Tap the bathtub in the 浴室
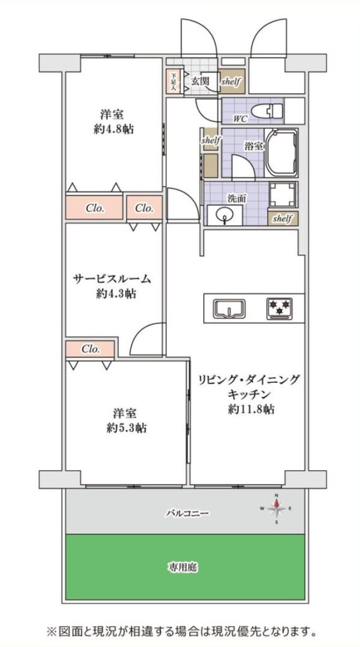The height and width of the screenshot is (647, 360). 281,153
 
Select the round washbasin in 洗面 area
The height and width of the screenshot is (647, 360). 225,215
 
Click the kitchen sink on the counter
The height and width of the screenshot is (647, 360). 229,308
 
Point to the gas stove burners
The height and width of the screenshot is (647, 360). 279,308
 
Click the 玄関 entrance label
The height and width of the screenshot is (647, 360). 200,80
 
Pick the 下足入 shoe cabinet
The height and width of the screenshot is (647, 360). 174,82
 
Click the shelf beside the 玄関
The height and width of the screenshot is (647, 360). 231,82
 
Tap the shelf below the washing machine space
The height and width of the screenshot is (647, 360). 282,217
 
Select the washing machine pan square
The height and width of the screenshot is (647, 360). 282,195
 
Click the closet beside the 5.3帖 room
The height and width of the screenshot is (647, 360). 90,349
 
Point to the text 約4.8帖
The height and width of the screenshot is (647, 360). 114,129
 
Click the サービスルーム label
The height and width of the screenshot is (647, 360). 112,279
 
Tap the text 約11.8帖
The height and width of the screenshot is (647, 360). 251,410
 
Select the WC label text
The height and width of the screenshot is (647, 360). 240,120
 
